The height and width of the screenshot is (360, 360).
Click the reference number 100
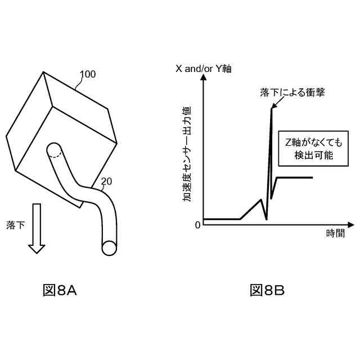[87, 74]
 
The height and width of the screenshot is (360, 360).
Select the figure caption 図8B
[267, 290]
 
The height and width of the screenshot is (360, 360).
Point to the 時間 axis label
[335, 233]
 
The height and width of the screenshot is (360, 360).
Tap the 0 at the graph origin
[197, 225]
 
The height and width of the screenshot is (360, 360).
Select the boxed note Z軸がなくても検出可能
[314, 148]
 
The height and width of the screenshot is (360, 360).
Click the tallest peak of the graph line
[271, 108]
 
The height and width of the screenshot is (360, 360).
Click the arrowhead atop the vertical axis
[203, 80]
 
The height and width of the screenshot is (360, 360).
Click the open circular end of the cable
[110, 247]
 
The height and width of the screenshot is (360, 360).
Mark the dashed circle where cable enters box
[54, 151]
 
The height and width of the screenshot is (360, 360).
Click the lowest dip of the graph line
[266, 219]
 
